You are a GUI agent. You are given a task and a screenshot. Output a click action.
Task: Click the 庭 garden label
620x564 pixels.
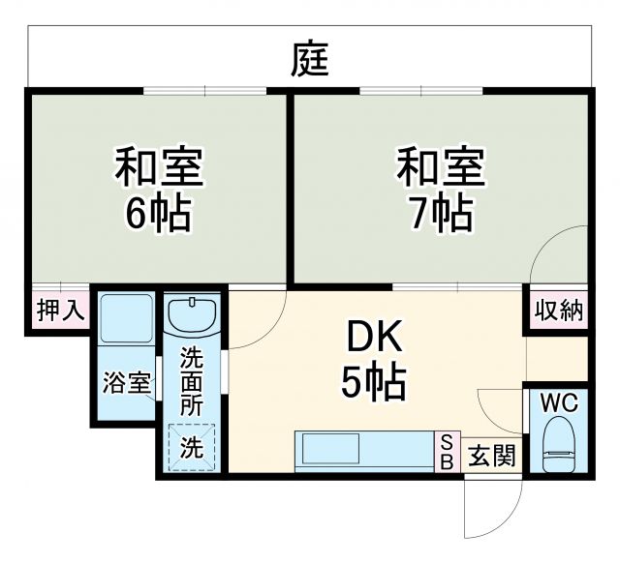[x=310, y=60]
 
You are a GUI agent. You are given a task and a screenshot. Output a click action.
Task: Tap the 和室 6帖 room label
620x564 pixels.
[x=157, y=190]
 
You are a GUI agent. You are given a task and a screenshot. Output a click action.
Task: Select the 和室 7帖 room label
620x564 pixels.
[x=440, y=190]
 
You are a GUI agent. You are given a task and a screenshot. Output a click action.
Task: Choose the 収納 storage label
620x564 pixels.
[x=558, y=311]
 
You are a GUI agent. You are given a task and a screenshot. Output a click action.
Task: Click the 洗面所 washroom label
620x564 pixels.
[x=192, y=383]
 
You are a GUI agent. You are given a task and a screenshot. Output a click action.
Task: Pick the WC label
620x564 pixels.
[x=559, y=401]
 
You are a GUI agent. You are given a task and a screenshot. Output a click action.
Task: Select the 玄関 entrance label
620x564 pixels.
[x=493, y=455]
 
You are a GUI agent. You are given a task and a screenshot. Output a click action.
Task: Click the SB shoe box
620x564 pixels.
[x=447, y=452]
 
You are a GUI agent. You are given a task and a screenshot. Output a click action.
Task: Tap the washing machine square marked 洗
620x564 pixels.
[x=192, y=448]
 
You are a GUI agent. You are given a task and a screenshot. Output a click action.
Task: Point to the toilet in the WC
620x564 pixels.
[x=558, y=444]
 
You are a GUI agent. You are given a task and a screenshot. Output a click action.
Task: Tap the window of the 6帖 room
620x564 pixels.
[x=205, y=91]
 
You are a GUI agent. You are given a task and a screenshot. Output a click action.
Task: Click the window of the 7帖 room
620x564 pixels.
[x=421, y=91]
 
